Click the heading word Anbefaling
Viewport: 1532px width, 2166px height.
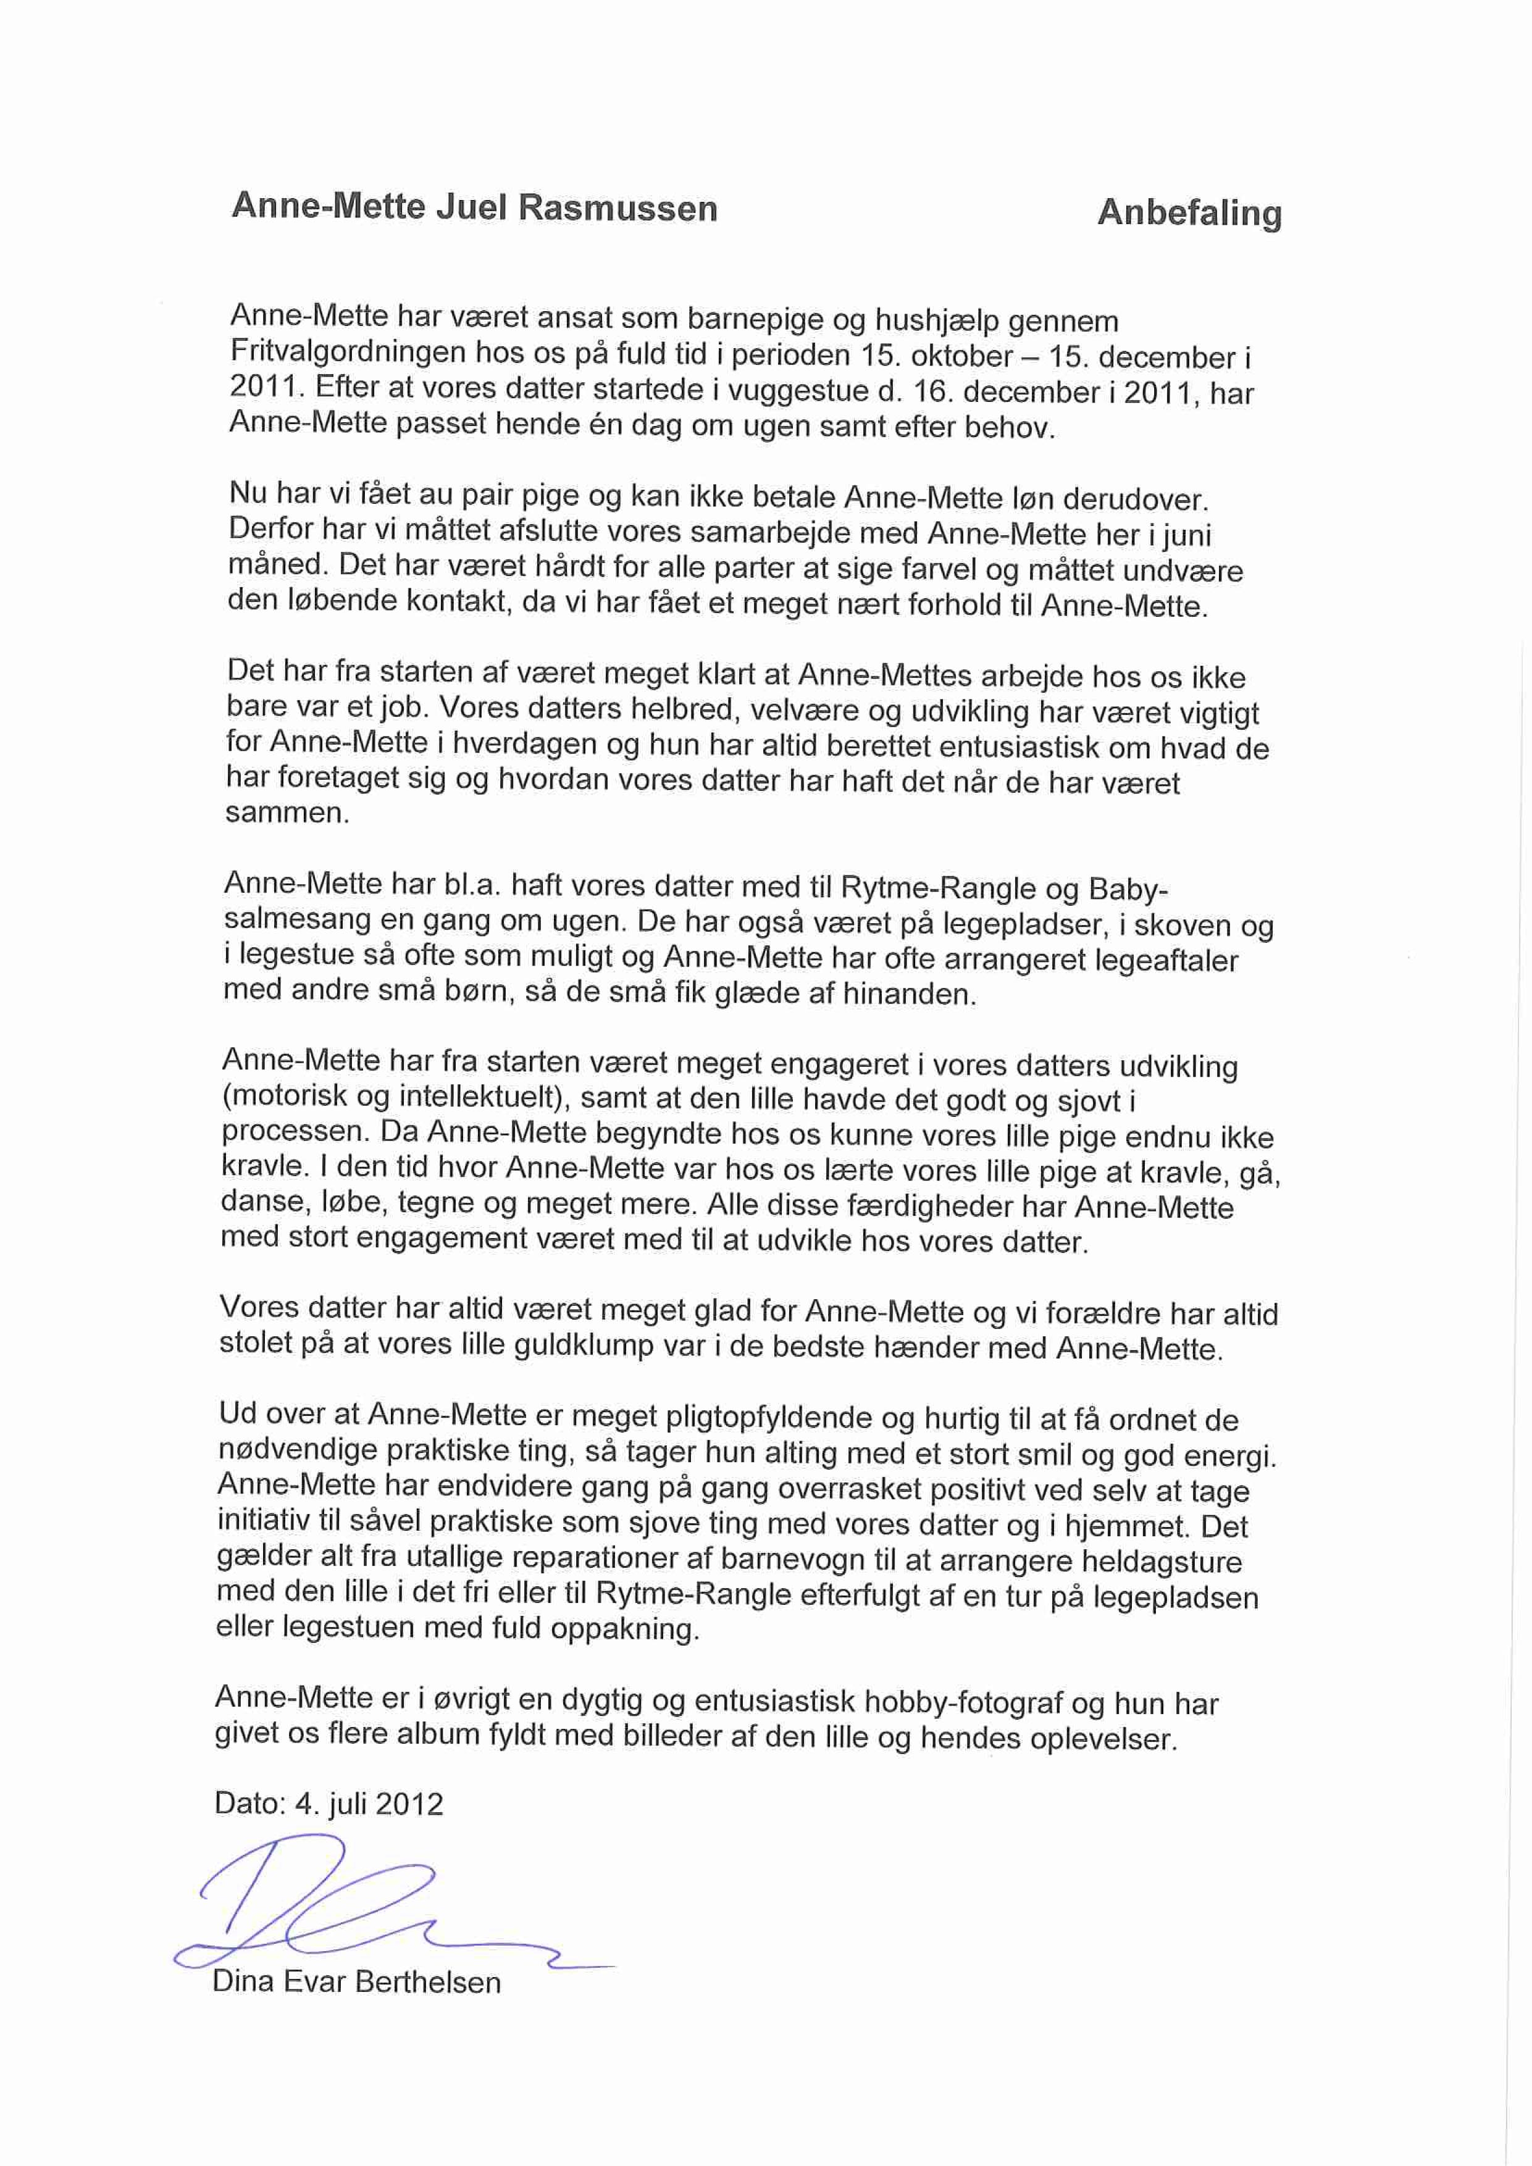[x=1189, y=213]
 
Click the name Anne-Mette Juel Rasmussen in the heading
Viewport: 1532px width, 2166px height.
[x=474, y=207]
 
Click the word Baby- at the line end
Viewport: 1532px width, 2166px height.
[x=1128, y=890]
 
